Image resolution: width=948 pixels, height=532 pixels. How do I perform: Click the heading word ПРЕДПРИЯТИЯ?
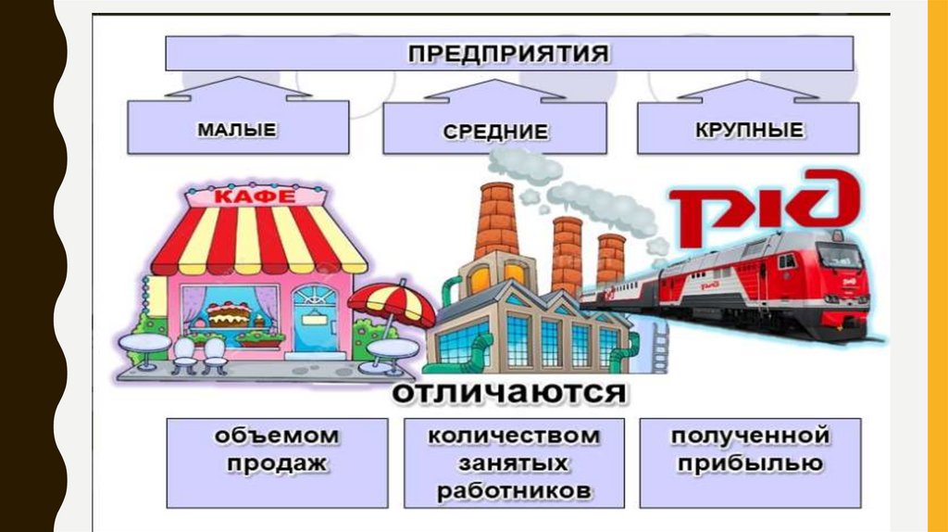click(508, 53)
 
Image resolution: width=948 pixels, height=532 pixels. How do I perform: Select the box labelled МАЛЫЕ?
click(237, 128)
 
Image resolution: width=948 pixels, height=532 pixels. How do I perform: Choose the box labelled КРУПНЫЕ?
click(748, 128)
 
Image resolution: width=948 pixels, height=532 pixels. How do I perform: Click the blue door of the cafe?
click(317, 321)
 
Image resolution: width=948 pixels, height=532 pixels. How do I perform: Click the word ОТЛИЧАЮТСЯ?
click(508, 393)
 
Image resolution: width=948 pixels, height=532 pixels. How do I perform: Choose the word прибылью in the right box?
click(748, 463)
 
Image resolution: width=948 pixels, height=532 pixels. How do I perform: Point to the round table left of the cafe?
click(144, 342)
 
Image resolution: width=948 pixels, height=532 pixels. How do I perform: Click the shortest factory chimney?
click(611, 260)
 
